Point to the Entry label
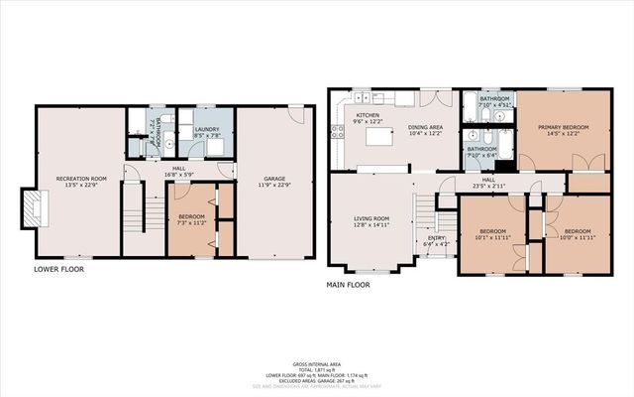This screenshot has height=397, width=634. point(437,238)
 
